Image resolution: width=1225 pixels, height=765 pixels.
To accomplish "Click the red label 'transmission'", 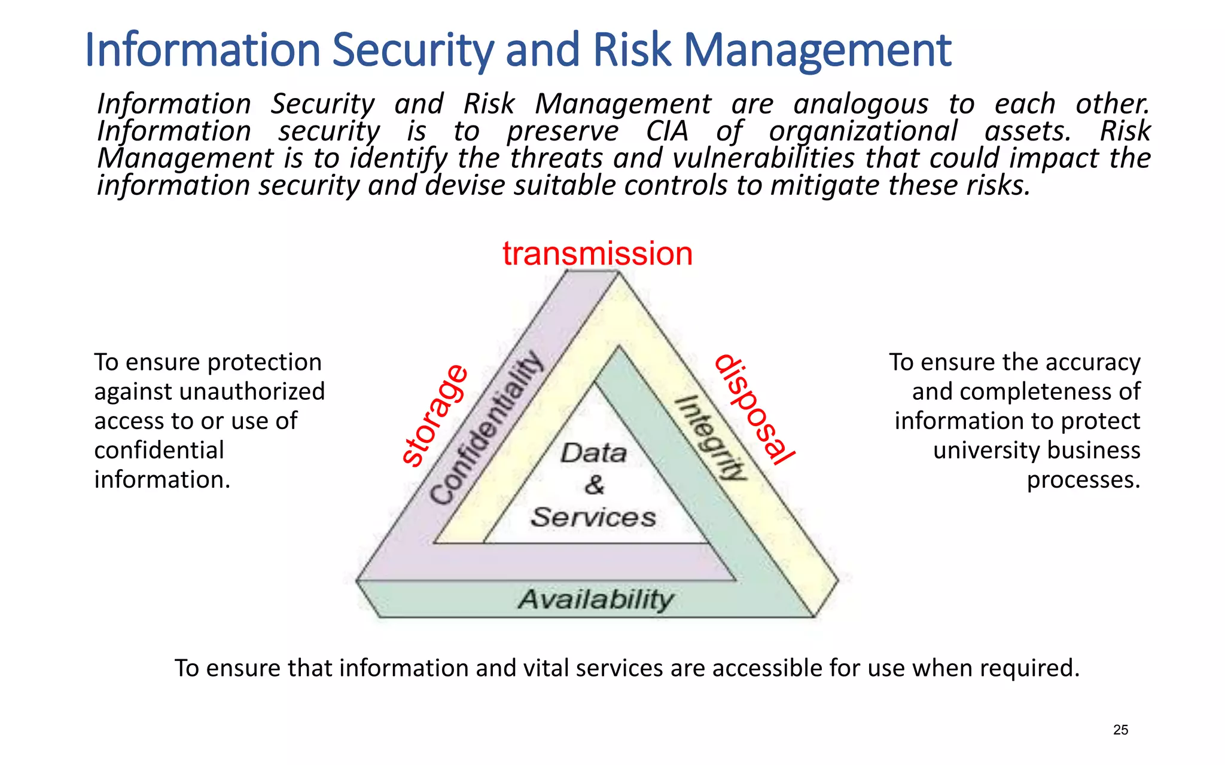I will pos(597,253).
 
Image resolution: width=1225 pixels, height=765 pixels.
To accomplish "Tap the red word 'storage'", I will pos(435,415).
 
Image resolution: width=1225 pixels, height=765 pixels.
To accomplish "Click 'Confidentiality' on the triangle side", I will pos(486,428).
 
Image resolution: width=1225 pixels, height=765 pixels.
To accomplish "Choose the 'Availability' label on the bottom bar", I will pos(596,599).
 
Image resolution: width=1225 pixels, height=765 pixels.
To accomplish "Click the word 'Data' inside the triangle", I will pos(593,453).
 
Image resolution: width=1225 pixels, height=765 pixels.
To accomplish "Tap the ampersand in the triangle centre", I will pos(594,485).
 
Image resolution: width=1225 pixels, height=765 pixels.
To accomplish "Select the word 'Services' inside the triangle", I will pos(593,517).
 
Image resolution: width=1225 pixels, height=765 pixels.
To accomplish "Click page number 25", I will pos(1120,730).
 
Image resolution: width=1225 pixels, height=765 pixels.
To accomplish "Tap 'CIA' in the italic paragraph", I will pos(667,131).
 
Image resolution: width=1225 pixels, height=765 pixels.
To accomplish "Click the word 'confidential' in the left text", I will pos(159,450).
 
